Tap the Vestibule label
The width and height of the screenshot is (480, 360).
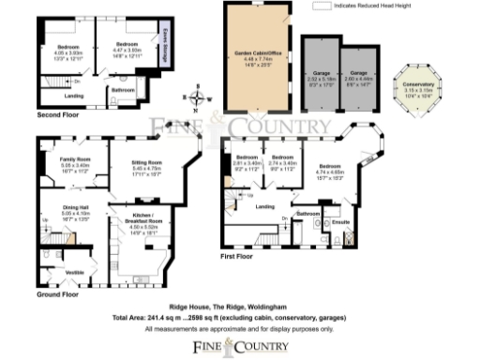point(67,272)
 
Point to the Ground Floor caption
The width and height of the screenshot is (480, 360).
point(56,293)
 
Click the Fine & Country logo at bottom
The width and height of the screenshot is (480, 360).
point(239,346)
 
